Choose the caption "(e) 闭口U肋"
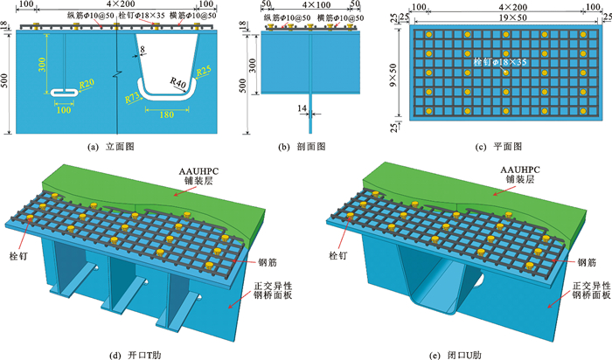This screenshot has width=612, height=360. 456,352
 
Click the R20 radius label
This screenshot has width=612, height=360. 87,83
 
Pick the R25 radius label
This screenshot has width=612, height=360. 204,71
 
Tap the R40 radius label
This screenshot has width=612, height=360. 178,85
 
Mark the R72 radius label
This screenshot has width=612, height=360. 134,99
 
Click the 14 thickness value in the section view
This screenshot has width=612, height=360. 301,107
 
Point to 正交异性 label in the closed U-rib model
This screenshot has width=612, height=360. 587,287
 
